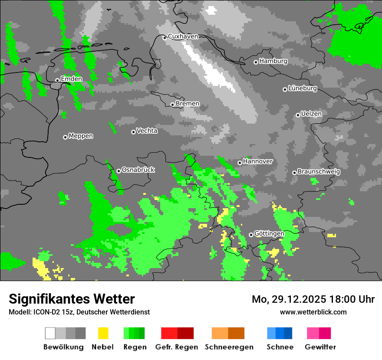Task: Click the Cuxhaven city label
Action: (x=183, y=36)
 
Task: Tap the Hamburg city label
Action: (x=273, y=61)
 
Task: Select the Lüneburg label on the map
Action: (x=303, y=88)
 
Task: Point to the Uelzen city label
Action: (x=311, y=114)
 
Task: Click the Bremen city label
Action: (x=188, y=104)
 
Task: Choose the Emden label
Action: (x=71, y=79)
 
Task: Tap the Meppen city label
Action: (x=81, y=136)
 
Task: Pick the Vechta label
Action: (x=147, y=131)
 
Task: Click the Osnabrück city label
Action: (x=138, y=170)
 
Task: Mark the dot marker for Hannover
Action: (x=240, y=163)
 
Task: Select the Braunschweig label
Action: (x=319, y=172)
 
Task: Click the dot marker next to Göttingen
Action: (x=251, y=235)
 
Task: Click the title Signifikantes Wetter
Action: (x=72, y=299)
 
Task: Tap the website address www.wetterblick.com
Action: (x=313, y=312)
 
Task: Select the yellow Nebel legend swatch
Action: (x=103, y=333)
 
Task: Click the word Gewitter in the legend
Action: (x=320, y=347)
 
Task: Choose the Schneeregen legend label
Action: (x=229, y=347)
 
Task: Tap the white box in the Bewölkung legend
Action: (x=50, y=333)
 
